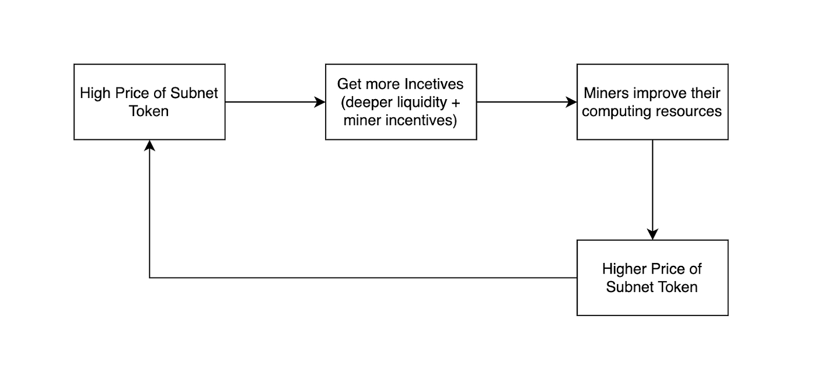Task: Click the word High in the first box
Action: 93,93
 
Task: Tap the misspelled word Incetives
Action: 434,84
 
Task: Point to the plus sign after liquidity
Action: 456,103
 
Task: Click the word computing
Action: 612,112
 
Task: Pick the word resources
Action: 683,111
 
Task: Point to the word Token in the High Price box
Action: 149,111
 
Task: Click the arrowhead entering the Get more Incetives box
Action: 320,102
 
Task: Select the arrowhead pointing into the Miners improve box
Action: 571,102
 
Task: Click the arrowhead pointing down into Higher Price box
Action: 652,234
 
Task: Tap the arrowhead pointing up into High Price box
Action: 149,146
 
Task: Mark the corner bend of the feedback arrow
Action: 149,278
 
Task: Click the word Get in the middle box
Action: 349,84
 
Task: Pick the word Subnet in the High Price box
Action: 194,93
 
